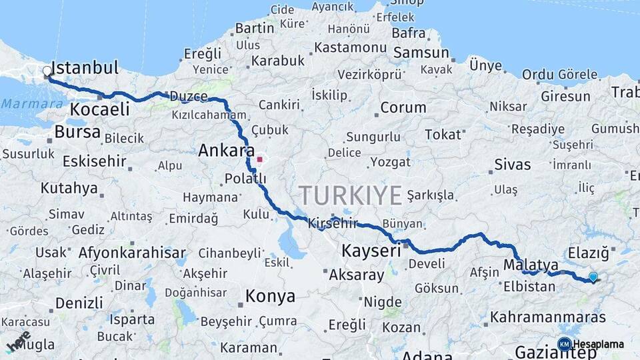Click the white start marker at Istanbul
tap(47, 71)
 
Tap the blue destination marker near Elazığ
tap(593, 277)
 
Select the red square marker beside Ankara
tap(259, 160)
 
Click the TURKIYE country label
tap(350, 195)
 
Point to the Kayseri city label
tap(371, 251)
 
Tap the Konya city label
tap(270, 296)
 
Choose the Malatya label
tap(531, 265)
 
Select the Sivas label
tap(512, 165)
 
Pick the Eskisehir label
tap(94, 161)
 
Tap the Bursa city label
tap(77, 132)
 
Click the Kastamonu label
tap(350, 48)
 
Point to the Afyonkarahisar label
tap(132, 253)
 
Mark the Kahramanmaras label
tap(548, 317)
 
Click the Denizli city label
tap(79, 303)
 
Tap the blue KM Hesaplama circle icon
tap(564, 344)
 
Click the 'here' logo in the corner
tap(18, 341)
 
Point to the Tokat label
tap(443, 135)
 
